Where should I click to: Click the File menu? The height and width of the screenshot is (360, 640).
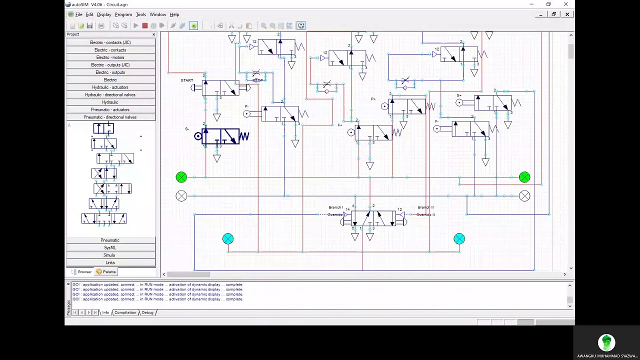pos(78,14)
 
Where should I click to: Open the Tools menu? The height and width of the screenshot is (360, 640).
pos(141,14)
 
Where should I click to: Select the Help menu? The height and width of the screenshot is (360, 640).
pos(174,14)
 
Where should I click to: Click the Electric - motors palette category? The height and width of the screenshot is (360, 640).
pos(110,57)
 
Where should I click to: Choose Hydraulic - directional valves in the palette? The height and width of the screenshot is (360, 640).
pos(110,94)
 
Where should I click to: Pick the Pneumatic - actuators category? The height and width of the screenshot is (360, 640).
pos(110,109)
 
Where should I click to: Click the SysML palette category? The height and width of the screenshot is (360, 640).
pos(110,247)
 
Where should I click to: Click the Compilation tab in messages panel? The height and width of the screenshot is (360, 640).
pos(125,312)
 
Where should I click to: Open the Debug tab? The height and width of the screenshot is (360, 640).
pos(147,312)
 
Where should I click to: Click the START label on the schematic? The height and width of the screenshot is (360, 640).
pos(187,80)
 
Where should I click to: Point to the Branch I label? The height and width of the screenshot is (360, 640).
pos(335,207)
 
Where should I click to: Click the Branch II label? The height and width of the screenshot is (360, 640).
pos(425,207)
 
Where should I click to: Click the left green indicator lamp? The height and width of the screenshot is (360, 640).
pos(181,177)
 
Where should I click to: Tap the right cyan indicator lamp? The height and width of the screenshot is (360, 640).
pos(459,239)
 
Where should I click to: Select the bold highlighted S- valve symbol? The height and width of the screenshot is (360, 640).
pos(223,136)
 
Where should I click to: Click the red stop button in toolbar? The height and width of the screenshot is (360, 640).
pos(144,25)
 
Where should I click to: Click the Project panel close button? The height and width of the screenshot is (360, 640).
pos(153,34)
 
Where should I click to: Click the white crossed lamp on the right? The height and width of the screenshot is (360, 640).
pos(524,196)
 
